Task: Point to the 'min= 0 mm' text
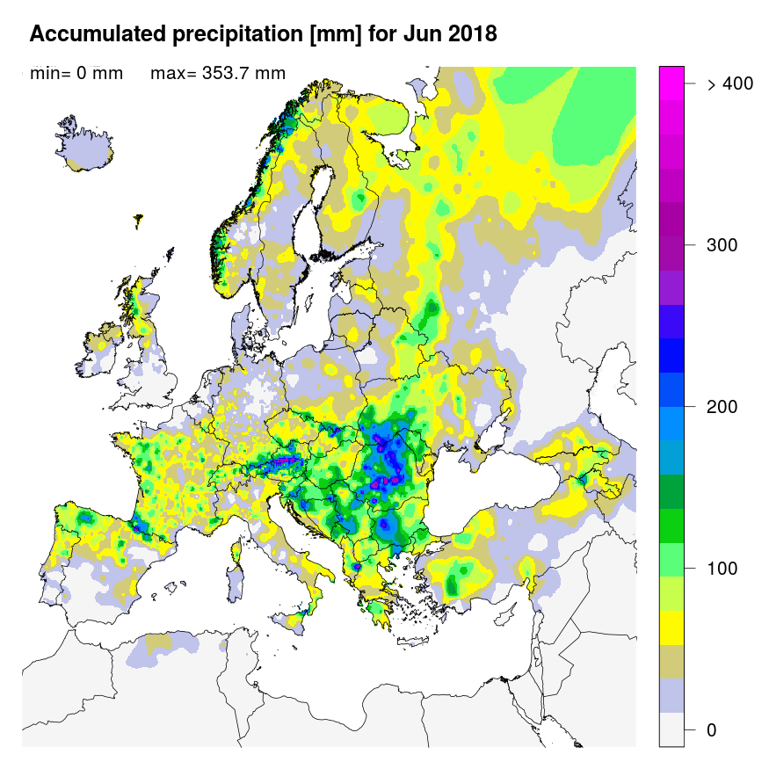[x=76, y=73]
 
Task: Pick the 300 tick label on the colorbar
[x=722, y=245]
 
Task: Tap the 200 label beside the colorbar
[x=722, y=407]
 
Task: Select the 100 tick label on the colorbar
[x=722, y=569]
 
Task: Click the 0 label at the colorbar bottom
[x=712, y=730]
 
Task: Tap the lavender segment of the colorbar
[x=671, y=694]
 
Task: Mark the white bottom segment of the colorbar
[x=671, y=729]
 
